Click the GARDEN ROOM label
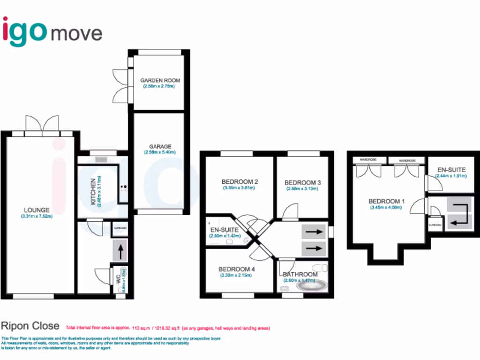(160, 80)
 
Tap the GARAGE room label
(161, 146)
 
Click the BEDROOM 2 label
(239, 182)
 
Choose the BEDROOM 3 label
(302, 182)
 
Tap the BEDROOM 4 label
(237, 269)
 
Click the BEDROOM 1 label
(386, 202)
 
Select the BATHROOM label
(300, 274)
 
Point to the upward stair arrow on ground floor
(120, 252)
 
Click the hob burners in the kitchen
(124, 187)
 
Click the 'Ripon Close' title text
(30, 326)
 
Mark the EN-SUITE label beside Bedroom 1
(451, 169)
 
